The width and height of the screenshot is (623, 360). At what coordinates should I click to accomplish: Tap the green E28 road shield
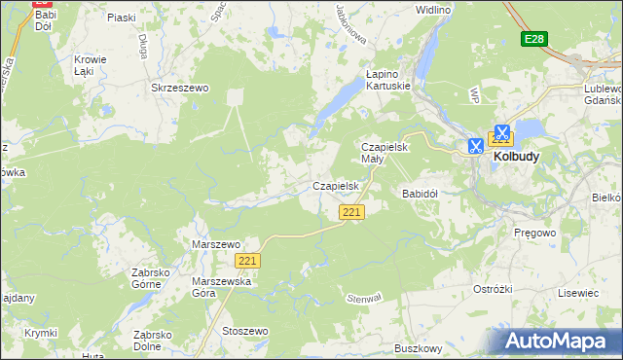tap(532, 39)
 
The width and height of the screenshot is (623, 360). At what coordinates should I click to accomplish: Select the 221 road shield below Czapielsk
tap(352, 212)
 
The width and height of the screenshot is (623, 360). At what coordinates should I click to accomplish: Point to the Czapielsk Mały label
tap(385, 152)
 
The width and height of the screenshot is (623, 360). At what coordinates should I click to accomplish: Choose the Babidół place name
tap(421, 194)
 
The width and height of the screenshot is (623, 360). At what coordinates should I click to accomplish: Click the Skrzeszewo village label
tap(180, 88)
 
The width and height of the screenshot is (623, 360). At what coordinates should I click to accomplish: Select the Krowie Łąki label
tap(90, 65)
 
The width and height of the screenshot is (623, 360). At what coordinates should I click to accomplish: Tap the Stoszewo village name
tap(245, 331)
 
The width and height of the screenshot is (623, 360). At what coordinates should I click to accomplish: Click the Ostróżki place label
tap(493, 289)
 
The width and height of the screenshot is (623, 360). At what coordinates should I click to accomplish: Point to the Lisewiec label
tap(579, 292)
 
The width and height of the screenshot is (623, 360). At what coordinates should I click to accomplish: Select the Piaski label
tap(122, 18)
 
